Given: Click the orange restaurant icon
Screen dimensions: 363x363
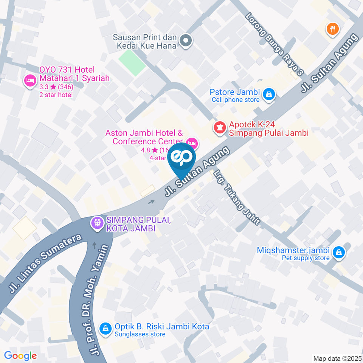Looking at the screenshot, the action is [x=332, y=29].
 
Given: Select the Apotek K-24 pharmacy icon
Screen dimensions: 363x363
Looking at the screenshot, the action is [x=218, y=127].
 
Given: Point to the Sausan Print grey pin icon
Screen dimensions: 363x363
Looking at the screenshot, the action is [x=185, y=41].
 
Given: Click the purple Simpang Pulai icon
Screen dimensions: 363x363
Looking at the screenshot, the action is [x=97, y=223].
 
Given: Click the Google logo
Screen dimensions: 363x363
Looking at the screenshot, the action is [x=20, y=356].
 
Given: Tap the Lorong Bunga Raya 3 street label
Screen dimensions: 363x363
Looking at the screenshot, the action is [x=275, y=44].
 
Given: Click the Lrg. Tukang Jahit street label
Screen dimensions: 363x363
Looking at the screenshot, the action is [x=237, y=198].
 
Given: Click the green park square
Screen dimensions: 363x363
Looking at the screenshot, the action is [x=132, y=62].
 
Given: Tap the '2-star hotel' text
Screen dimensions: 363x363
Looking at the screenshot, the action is [x=56, y=95].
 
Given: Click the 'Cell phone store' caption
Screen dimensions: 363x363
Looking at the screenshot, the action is [x=236, y=100].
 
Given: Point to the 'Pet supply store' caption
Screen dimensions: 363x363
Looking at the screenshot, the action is [x=306, y=258].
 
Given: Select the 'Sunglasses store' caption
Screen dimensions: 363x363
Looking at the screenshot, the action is [x=140, y=334].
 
